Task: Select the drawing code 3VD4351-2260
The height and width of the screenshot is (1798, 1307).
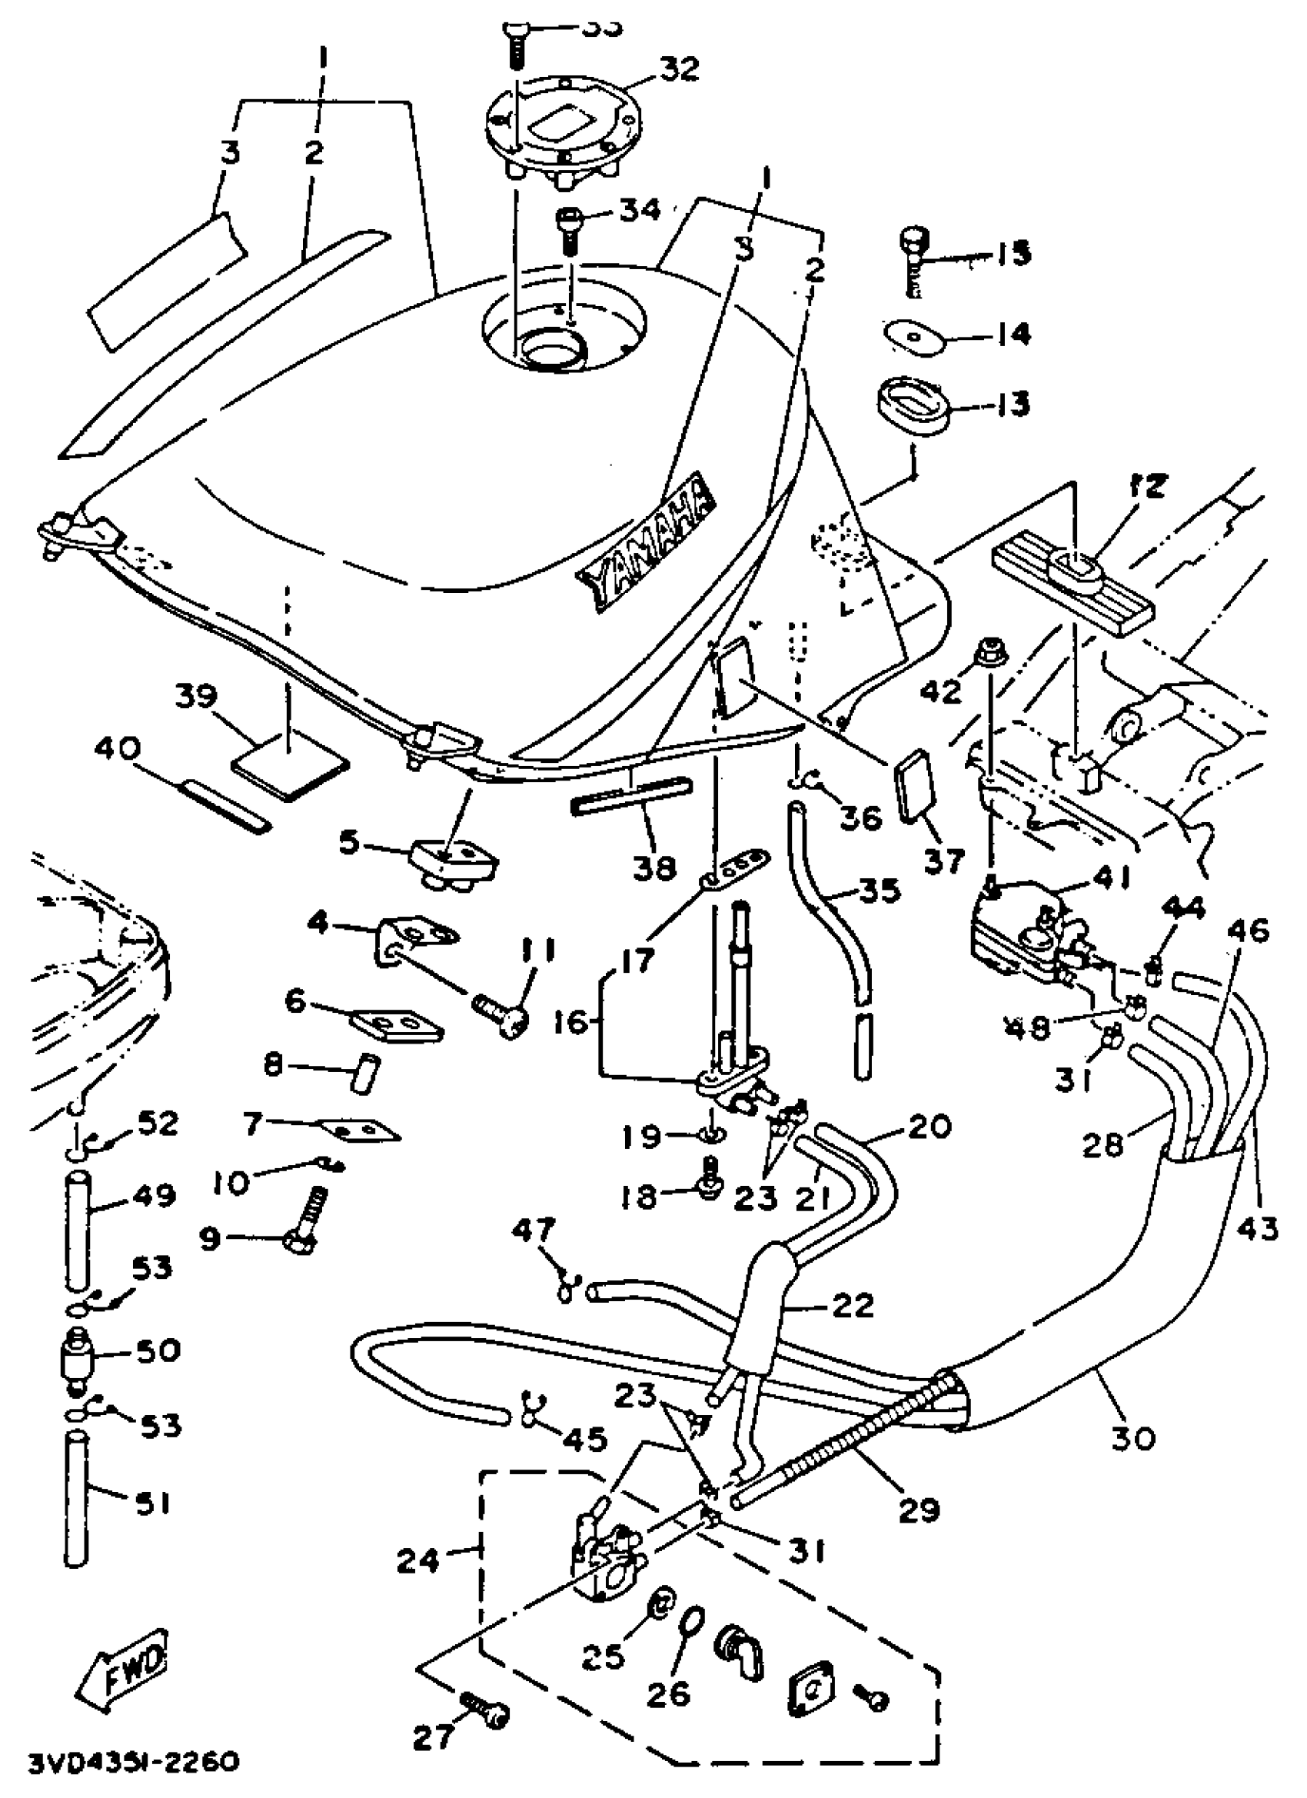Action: click(134, 1763)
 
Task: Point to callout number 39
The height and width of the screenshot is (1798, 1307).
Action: click(197, 697)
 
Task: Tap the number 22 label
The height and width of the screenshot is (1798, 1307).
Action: click(853, 1304)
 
